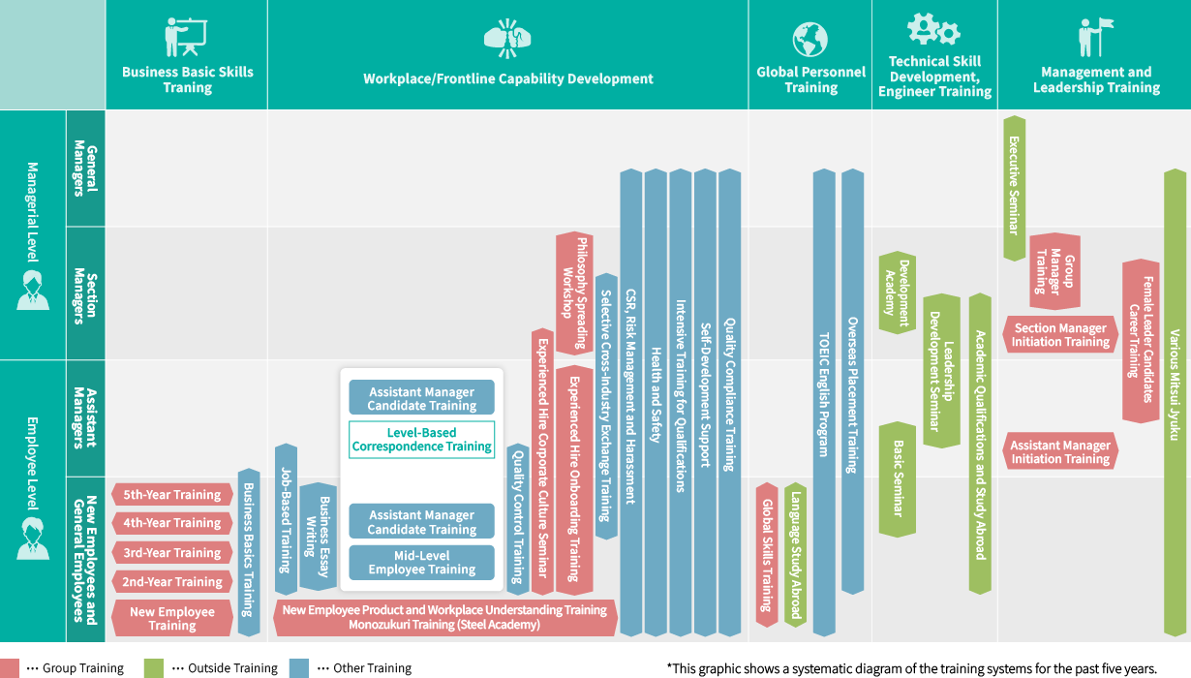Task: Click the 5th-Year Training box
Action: (172, 495)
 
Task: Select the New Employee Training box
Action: (172, 618)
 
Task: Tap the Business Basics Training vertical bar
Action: (249, 552)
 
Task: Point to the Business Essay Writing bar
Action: (320, 537)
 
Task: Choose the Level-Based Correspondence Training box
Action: (421, 440)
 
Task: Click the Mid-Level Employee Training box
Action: (421, 563)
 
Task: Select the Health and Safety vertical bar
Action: (656, 402)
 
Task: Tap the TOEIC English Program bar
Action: (824, 402)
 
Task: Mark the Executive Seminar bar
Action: (1014, 188)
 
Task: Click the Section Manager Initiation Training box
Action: (1060, 335)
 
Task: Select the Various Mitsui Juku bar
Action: (1175, 402)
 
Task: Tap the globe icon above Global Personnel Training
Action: (810, 40)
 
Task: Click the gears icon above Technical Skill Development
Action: (933, 29)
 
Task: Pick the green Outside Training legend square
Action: (153, 668)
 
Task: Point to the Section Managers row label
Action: (85, 293)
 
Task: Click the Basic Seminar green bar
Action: (898, 478)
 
